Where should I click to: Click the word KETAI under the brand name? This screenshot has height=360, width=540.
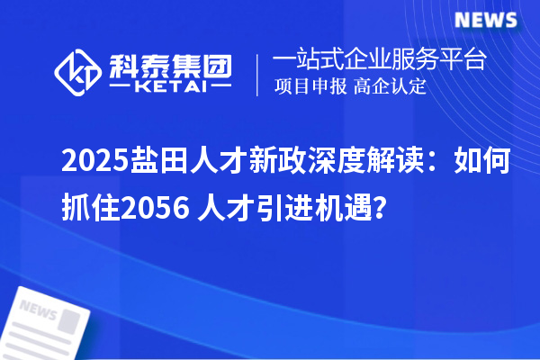pyautogui.click(x=170, y=88)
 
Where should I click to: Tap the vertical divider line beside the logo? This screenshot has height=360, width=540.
pyautogui.click(x=260, y=75)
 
